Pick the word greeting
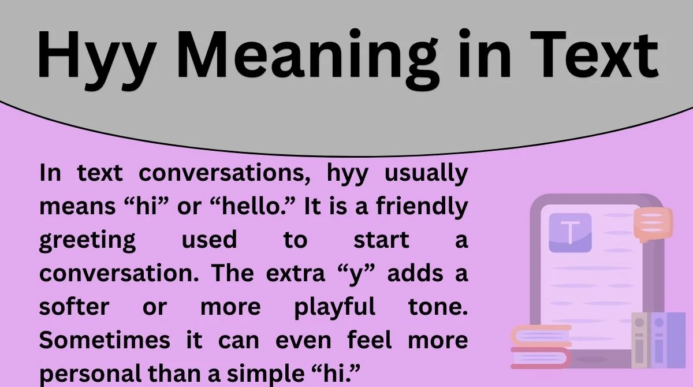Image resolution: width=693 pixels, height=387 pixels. tap(87, 240)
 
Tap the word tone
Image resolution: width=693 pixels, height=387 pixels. tap(438, 306)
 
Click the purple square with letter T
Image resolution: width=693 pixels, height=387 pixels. tap(570, 233)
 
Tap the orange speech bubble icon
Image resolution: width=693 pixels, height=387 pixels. tap(653, 224)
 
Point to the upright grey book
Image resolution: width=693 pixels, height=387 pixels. tap(639, 340)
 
